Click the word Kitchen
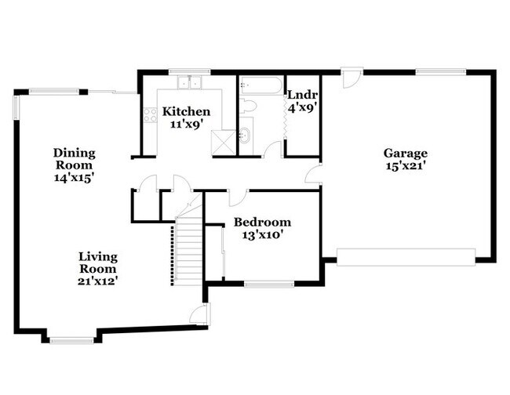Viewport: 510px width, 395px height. click(x=186, y=111)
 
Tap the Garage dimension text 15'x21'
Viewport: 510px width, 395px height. click(x=405, y=165)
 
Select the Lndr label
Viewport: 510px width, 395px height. click(x=302, y=95)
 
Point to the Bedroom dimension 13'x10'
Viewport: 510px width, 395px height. click(x=262, y=234)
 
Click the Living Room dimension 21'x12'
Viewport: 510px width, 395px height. click(x=98, y=279)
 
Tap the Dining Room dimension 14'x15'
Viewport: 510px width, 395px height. click(x=74, y=178)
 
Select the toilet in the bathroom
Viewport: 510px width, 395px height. click(x=248, y=107)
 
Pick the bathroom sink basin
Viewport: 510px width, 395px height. click(x=246, y=136)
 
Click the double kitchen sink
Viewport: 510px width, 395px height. click(x=189, y=82)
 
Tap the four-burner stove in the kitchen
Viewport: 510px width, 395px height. click(x=148, y=117)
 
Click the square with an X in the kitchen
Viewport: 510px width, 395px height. click(x=224, y=139)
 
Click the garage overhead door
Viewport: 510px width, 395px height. click(x=406, y=256)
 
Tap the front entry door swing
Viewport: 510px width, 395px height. click(x=199, y=315)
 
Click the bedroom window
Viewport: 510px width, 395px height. click(x=267, y=283)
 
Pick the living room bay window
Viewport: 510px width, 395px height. click(x=71, y=340)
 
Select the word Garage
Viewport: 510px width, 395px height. click(x=405, y=153)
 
